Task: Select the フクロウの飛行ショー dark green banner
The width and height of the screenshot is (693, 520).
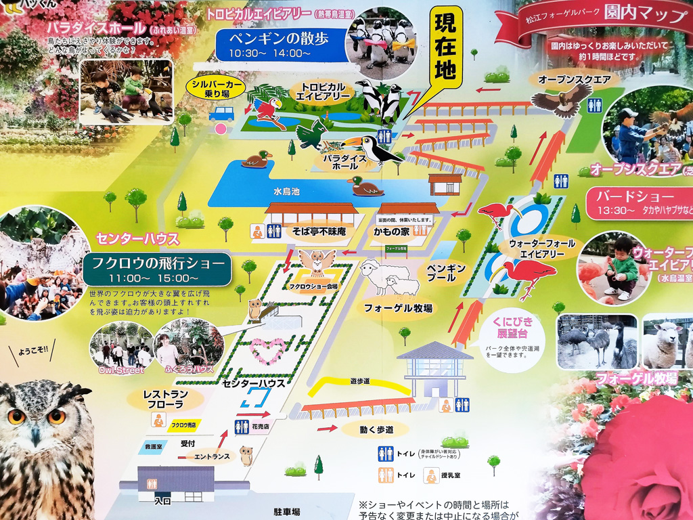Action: coord(156,269)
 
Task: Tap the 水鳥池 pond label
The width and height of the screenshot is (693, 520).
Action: coord(286,192)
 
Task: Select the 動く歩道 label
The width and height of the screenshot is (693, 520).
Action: coord(366,429)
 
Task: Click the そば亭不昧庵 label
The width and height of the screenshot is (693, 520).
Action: coord(309,232)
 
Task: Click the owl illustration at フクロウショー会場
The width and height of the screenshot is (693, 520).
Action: coord(317,262)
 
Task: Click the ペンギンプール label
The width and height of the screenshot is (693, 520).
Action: coord(447,273)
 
